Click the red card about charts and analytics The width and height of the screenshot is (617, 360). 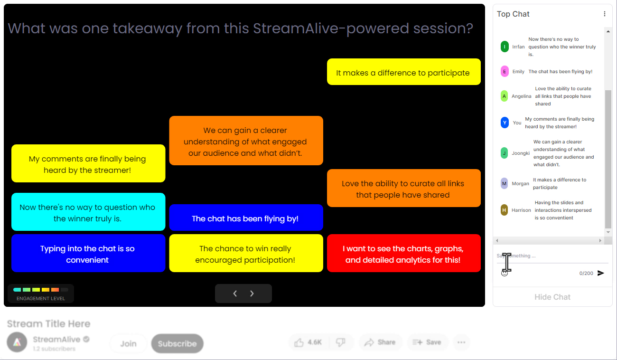point(403,254)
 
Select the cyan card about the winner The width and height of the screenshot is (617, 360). point(88,212)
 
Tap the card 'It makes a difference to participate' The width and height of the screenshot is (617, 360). point(403,72)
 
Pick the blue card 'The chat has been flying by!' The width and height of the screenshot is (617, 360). point(246,218)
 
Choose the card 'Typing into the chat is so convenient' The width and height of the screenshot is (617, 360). point(88,254)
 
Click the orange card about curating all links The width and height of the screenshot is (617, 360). point(403,189)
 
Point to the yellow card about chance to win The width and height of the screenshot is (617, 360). point(246,254)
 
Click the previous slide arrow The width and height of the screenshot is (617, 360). point(235,294)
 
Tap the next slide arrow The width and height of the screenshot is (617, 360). point(252,294)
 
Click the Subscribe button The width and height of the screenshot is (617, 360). point(177,343)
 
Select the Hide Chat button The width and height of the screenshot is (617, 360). point(552,297)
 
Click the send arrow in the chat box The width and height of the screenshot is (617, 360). point(601,273)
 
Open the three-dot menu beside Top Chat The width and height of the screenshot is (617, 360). point(604,14)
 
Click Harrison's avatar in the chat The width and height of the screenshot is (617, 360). point(504,210)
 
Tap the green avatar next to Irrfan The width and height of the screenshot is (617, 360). point(505,47)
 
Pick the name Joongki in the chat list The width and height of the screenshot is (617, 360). point(521,153)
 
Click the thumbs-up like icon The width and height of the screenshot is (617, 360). point(299,342)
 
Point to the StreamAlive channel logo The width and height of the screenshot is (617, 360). point(17,342)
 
